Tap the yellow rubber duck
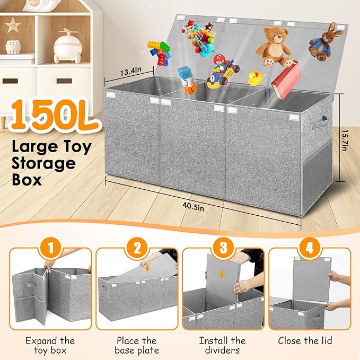tap(254, 78)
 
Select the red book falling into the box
tap(286, 80)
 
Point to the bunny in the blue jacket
tap(324, 42)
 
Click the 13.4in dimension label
tap(130, 72)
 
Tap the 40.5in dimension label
tap(194, 207)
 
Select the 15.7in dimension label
tap(345, 140)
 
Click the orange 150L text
tap(55, 115)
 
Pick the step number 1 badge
tap(50, 248)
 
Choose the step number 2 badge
tap(137, 248)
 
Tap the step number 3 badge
tap(223, 248)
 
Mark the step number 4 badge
tap(310, 248)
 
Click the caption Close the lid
tap(305, 340)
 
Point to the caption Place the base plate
tap(137, 345)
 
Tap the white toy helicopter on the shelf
tap(67, 46)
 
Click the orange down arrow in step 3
tap(222, 274)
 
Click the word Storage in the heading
tap(43, 164)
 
